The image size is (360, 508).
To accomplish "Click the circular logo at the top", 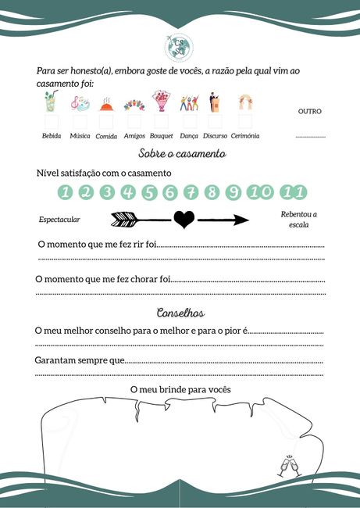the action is [180, 46].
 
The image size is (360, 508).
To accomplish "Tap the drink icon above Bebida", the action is [51, 103].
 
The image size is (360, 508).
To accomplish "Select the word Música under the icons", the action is [80, 136].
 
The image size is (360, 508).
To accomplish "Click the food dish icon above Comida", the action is [107, 105].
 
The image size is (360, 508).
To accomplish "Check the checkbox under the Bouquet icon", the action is [162, 123].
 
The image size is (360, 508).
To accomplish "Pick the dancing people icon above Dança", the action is [189, 103].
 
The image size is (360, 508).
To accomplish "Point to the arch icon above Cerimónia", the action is [244, 103].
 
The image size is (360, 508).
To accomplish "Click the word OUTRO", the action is [310, 111].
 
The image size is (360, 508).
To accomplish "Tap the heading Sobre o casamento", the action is [181, 154].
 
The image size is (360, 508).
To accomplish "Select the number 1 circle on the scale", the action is [66, 192].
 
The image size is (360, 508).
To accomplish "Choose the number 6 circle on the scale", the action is [171, 192].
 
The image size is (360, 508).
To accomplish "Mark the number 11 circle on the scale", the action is [295, 192].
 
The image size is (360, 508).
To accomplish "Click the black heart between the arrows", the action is [183, 220].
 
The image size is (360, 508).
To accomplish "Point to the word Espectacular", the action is [59, 220].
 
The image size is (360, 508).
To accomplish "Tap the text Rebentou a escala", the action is [298, 220].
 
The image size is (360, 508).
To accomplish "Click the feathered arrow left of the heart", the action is [140, 220].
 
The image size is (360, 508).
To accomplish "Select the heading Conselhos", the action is [180, 313].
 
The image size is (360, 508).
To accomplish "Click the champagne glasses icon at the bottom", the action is [289, 466].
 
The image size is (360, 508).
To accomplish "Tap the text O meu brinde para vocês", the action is [180, 389].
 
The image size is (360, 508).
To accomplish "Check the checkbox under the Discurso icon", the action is [216, 123].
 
